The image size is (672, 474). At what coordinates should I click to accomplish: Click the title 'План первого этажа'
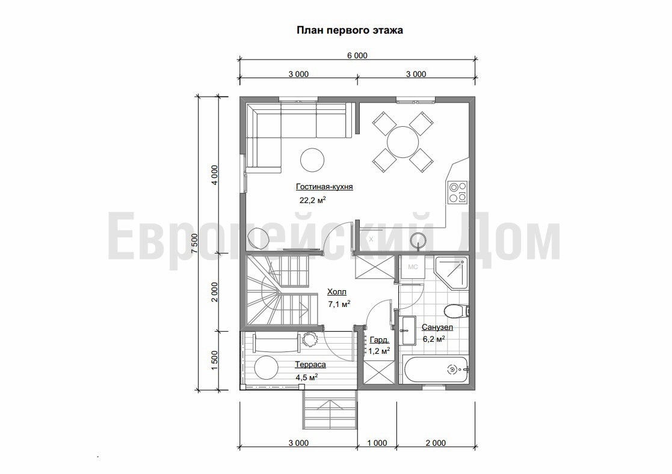350,31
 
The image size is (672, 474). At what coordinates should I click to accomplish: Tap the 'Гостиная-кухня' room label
324,186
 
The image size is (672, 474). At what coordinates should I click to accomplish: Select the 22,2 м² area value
313,200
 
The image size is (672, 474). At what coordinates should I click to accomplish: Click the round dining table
403,142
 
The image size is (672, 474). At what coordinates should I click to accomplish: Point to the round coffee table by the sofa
312,160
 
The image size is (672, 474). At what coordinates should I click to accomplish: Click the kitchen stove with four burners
457,192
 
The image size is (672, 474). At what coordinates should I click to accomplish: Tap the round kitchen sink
418,240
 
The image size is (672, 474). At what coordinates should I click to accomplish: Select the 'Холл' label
337,292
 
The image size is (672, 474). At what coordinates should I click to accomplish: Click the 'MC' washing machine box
412,267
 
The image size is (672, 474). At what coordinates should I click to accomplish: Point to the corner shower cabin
451,272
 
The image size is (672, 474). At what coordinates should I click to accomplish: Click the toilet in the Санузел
457,311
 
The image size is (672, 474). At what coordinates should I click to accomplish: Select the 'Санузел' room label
437,327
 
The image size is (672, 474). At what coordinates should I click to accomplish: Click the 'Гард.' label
380,340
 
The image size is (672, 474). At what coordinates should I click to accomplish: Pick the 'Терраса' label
310,365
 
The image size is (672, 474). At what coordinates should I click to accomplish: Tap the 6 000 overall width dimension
357,55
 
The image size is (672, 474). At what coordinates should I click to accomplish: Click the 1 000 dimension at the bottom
377,443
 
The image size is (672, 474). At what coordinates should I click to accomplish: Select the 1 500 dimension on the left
215,360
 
